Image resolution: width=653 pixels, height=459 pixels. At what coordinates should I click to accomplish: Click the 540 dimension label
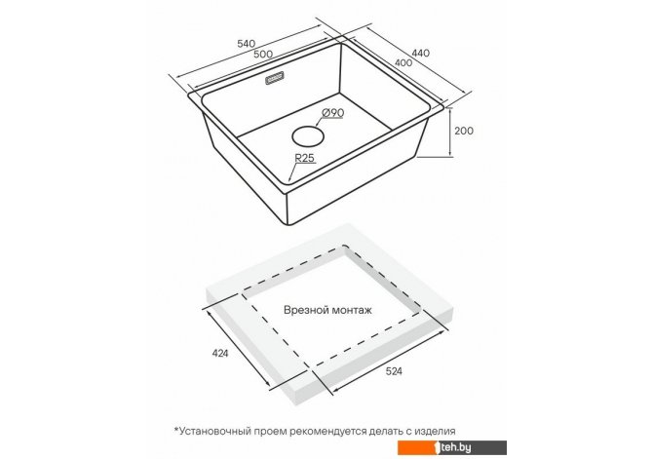246,43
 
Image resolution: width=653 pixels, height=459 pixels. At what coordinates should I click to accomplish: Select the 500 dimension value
263,54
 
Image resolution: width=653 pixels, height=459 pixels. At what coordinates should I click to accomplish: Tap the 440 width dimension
421,53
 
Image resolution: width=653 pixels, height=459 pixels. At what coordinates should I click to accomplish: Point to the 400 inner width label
403,62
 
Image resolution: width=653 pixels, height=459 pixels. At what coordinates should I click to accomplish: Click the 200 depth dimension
464,131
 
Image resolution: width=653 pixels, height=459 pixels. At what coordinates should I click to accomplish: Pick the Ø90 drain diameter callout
333,112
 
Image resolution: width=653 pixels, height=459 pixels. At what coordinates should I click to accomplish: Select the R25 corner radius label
304,158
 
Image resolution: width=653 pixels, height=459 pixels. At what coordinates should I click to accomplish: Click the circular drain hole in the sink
308,136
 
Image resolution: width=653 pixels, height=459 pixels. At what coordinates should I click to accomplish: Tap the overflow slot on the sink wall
275,78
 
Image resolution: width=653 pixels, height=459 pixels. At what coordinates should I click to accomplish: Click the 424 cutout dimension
220,353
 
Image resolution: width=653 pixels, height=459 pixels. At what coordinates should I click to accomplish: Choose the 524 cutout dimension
394,371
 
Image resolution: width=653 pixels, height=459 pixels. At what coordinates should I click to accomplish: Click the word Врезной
306,310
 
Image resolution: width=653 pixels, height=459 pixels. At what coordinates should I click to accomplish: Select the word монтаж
352,310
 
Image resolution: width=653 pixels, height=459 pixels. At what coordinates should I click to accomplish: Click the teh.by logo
452,447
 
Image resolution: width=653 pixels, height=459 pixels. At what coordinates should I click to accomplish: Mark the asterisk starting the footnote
176,429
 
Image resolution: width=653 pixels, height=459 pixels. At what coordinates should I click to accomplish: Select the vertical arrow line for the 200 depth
450,132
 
